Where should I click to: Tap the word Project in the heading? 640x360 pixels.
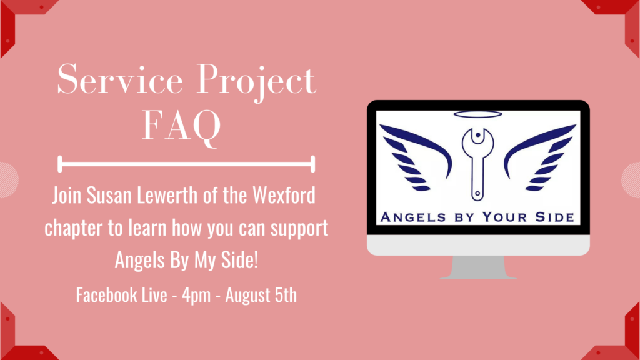pos(256,82)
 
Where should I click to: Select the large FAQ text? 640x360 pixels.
pos(181,126)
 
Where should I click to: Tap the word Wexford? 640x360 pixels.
pos(284,196)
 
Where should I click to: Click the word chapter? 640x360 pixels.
pos(74,227)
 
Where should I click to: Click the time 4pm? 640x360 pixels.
pos(196,295)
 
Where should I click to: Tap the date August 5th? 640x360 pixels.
pos(261,295)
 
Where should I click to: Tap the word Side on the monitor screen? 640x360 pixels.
pos(555,217)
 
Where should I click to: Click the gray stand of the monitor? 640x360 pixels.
pos(478,267)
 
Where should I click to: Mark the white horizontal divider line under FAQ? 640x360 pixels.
pos(186,164)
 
